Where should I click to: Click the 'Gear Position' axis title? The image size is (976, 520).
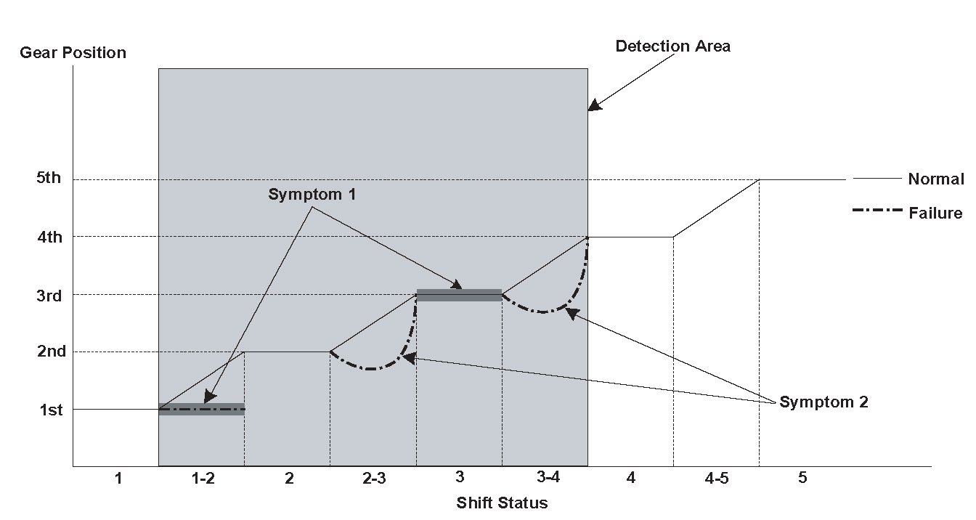(73, 53)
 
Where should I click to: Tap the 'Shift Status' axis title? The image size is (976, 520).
(502, 503)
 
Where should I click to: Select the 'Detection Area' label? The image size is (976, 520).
(672, 46)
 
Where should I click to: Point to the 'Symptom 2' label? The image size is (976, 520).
(823, 402)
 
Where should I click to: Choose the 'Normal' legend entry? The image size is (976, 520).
(935, 179)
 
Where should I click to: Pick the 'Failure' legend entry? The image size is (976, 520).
(935, 214)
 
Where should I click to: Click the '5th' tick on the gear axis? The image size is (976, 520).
(48, 179)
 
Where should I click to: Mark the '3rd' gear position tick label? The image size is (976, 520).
(48, 296)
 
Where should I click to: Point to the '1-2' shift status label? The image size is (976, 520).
(203, 479)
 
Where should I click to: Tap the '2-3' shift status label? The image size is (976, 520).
(374, 479)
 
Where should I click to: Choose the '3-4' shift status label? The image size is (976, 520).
(548, 478)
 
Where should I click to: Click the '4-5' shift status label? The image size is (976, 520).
(717, 479)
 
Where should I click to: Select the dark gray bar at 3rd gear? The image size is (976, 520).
(459, 295)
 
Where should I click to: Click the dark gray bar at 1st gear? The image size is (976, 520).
(201, 409)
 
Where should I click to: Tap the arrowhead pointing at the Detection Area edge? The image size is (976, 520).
(595, 106)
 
